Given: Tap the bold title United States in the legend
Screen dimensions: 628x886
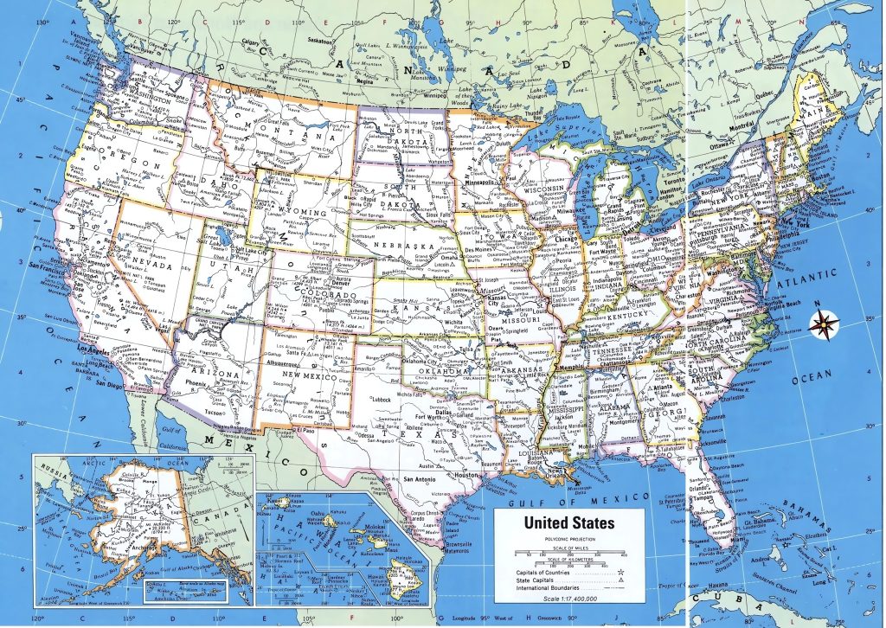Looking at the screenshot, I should click(569, 523).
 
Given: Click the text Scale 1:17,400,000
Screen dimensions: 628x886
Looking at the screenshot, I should click(569, 599).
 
